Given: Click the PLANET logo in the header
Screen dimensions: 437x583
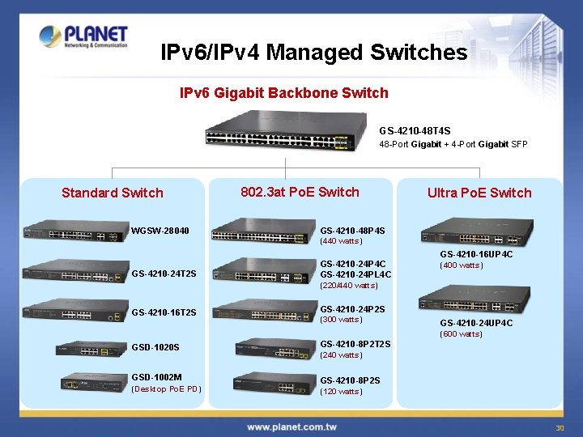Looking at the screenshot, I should coord(83,36).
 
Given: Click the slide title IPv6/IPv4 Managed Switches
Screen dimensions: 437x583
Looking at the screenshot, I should coord(314,53).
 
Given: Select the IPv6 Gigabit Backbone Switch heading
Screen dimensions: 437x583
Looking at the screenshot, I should coord(283,93).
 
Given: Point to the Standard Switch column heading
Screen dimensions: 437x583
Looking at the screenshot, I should coord(113,193).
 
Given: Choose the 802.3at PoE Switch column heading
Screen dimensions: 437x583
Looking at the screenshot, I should coord(300,192).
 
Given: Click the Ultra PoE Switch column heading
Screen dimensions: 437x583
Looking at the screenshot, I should coord(479,193).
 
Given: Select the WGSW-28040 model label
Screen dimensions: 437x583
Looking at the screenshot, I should coord(160,231).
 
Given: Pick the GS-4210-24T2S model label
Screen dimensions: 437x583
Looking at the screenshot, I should coord(164,274).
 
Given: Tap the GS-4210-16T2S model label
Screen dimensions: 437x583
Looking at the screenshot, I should coord(164,312).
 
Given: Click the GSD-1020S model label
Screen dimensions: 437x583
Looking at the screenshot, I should coord(155,348).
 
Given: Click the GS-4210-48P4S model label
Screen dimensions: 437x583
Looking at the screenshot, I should coord(353,231).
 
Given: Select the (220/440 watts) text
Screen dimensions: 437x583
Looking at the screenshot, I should coord(349,285).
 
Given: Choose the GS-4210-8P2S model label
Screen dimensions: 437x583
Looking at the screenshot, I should coord(350,380).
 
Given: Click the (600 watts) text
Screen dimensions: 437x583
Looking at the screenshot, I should coord(461,333).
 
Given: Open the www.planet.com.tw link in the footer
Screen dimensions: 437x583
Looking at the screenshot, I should coord(292,426).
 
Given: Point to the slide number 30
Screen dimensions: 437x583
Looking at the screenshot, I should coord(559,427).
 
